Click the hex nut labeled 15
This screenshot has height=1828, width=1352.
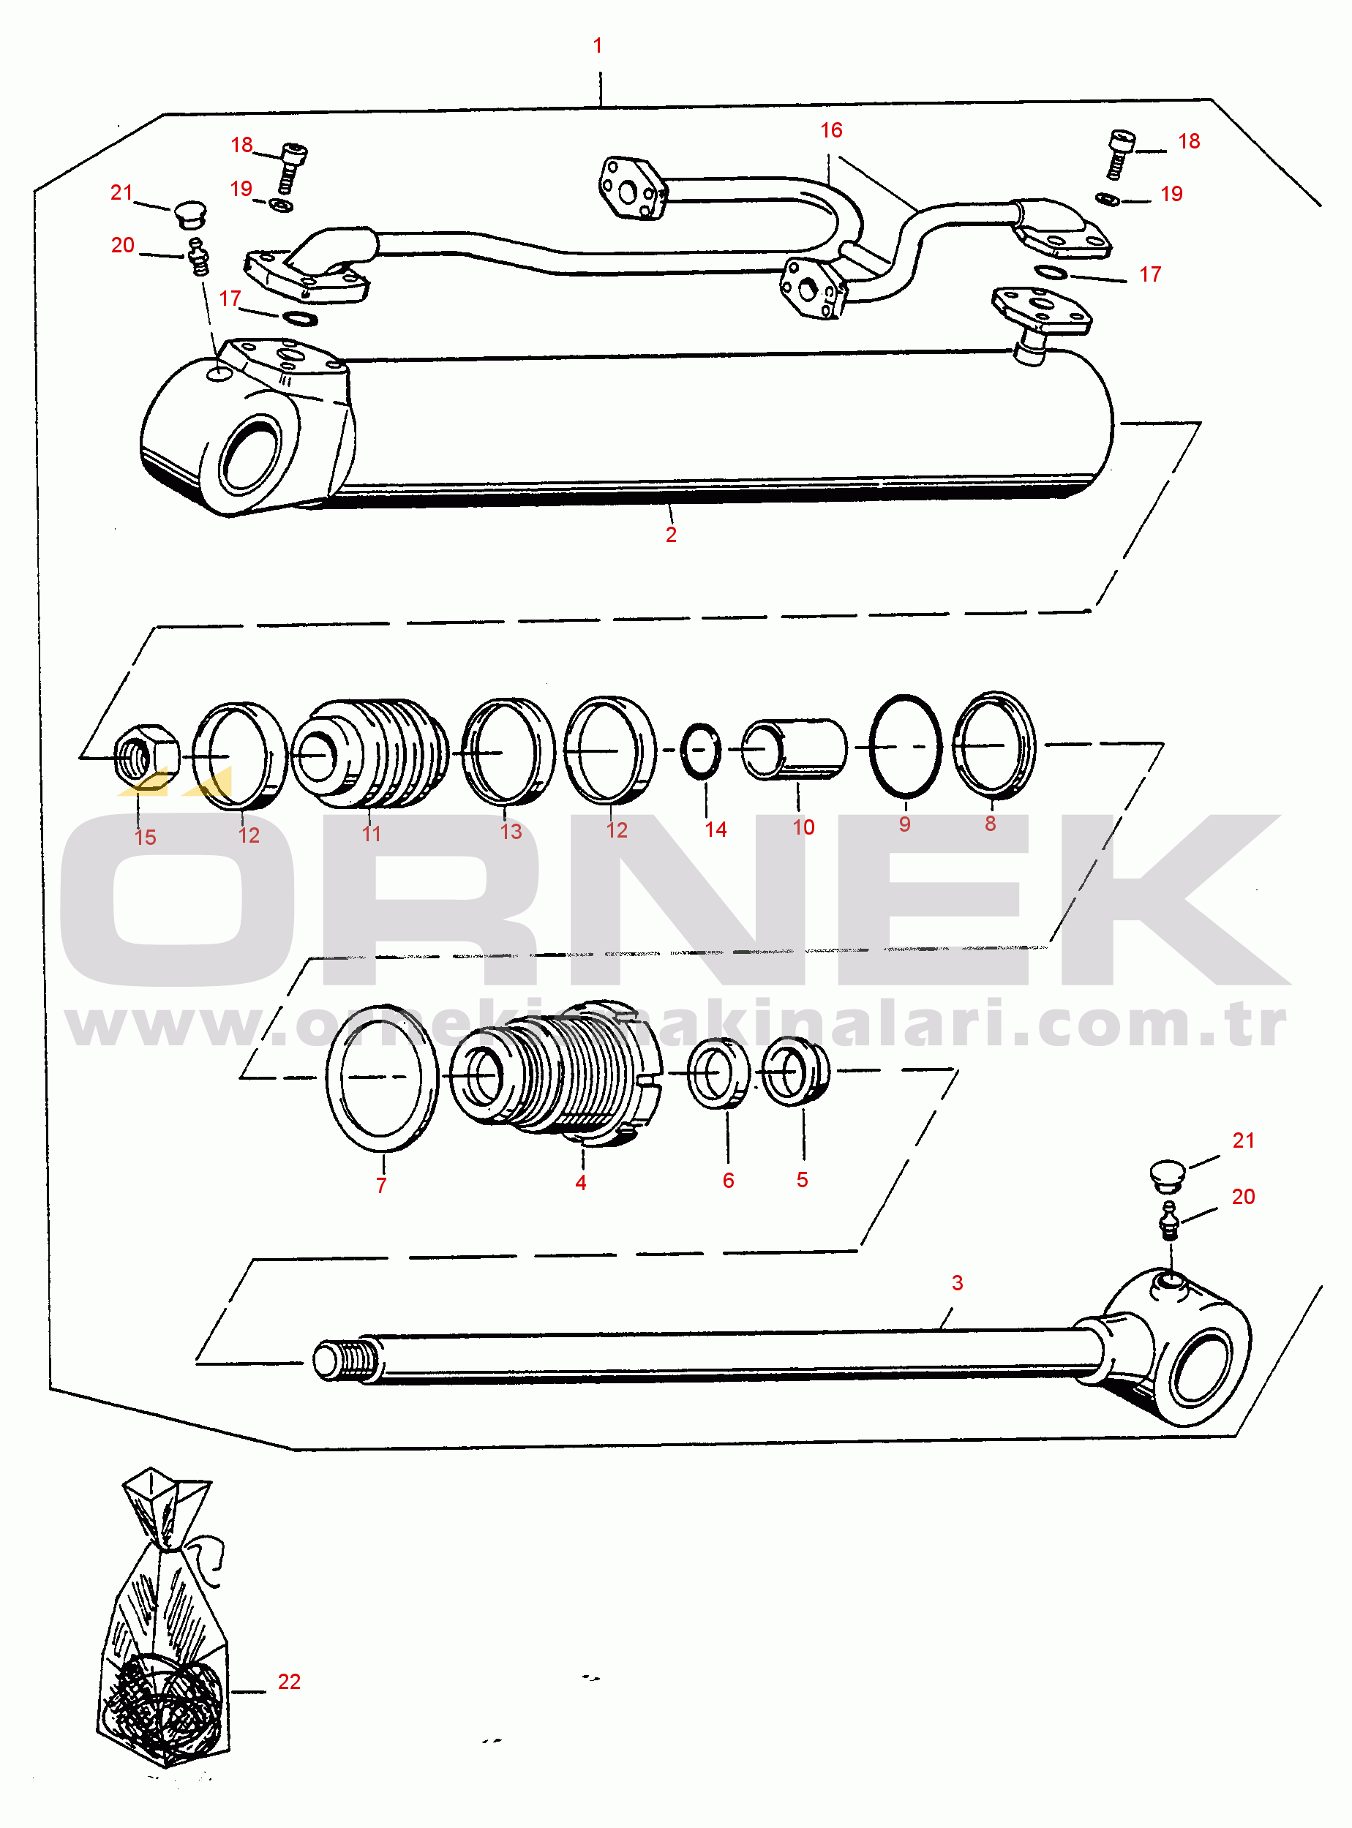pyautogui.click(x=146, y=755)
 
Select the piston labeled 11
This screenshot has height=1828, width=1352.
pyautogui.click(x=370, y=753)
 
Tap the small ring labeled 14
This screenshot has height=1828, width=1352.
pyautogui.click(x=702, y=751)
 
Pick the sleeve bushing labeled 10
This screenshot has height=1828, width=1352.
pyautogui.click(x=794, y=749)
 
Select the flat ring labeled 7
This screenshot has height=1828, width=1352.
pyautogui.click(x=331, y=1077)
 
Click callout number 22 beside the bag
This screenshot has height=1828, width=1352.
pyautogui.click(x=289, y=1681)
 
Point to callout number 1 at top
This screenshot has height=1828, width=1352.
pyautogui.click(x=598, y=45)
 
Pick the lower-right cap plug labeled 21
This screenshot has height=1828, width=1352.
pyautogui.click(x=1167, y=1176)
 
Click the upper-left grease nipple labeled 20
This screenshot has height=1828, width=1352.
pyautogui.click(x=198, y=256)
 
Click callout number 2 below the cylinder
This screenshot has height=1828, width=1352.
pyautogui.click(x=671, y=534)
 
